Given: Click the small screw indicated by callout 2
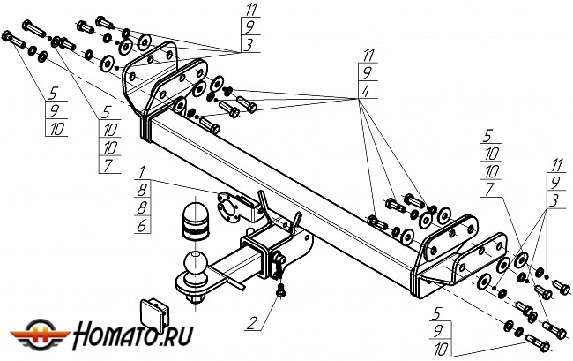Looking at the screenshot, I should tap(280, 289).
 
